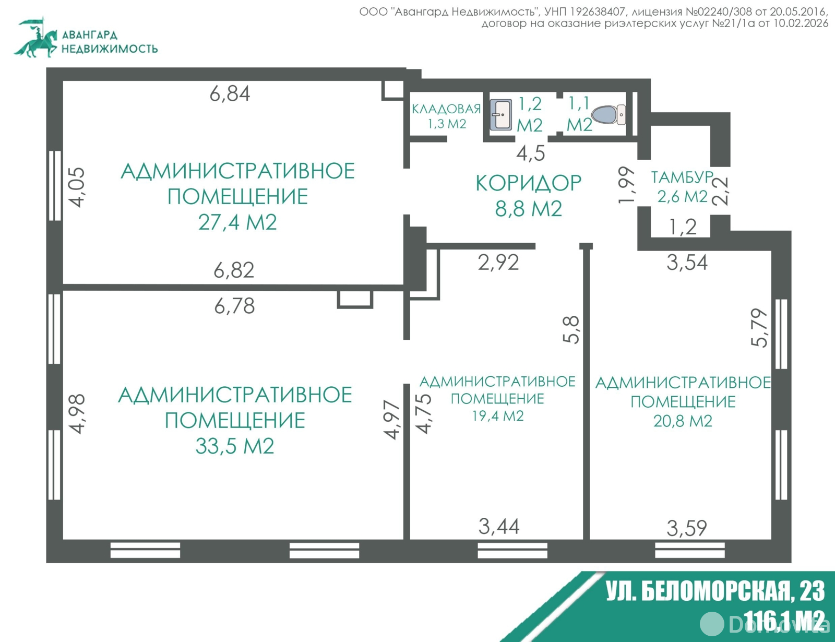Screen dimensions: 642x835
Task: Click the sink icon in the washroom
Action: click(501, 114)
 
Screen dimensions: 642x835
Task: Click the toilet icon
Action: click(608, 115)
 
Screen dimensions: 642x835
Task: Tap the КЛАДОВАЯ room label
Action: click(446, 109)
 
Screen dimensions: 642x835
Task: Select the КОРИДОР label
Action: click(528, 183)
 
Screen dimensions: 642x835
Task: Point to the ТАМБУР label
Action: click(682, 177)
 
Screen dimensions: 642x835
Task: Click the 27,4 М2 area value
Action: click(237, 222)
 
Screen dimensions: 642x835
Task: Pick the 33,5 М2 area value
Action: click(235, 446)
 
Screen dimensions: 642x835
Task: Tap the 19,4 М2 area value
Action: click(498, 416)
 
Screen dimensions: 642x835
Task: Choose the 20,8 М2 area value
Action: click(683, 421)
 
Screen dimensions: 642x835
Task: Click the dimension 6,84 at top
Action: click(230, 94)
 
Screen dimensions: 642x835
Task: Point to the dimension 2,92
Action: click(498, 262)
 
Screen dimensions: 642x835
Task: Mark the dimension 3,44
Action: click(499, 527)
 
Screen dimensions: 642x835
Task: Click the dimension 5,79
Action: click(760, 328)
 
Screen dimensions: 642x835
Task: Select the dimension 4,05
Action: click(77, 187)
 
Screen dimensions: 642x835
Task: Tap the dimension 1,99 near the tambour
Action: click(627, 185)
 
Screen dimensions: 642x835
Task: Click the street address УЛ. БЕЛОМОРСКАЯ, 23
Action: click(715, 591)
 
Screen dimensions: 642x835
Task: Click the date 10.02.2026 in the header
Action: click(800, 23)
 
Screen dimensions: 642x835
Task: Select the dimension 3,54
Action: click(687, 263)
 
